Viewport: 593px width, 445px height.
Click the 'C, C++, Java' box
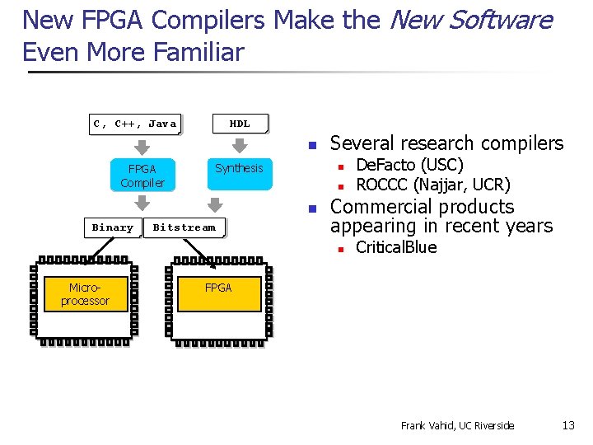tap(135, 124)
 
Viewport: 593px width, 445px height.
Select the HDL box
tap(240, 124)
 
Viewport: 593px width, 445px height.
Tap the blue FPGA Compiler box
tap(142, 175)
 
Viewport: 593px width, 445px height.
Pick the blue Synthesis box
tap(239, 169)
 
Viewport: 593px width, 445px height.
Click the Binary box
tap(112, 227)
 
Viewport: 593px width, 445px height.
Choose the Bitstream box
tap(184, 227)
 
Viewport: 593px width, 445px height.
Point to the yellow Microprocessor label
tap(85, 294)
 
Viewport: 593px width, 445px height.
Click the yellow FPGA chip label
tap(218, 288)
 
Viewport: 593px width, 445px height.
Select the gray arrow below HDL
tap(239, 146)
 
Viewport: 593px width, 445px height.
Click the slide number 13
tap(568, 425)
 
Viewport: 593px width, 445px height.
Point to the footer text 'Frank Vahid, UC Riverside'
tap(457, 425)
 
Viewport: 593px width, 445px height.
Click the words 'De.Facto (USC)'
tap(409, 166)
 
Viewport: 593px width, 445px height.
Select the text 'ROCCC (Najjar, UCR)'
tap(432, 184)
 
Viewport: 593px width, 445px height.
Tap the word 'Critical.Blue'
tap(396, 247)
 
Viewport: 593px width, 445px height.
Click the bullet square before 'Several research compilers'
tap(312, 145)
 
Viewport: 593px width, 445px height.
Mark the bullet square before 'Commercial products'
tap(312, 208)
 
